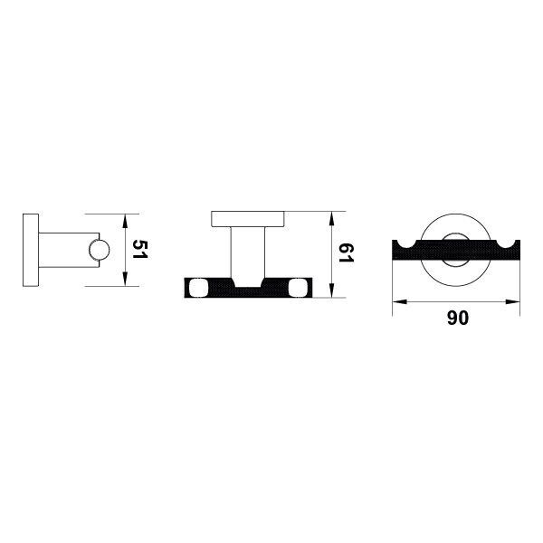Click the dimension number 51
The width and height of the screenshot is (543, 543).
140,249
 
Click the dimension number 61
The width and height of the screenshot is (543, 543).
347,252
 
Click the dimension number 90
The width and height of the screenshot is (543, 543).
457,318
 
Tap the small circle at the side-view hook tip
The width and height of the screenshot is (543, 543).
99,250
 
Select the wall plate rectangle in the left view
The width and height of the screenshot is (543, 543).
31,250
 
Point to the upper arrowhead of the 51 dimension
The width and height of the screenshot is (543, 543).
125,221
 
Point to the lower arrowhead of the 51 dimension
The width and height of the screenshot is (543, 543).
125,279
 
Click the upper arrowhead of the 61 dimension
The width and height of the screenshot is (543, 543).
331,218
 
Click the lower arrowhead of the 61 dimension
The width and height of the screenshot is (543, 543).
331,291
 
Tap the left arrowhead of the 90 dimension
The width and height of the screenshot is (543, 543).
399,302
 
